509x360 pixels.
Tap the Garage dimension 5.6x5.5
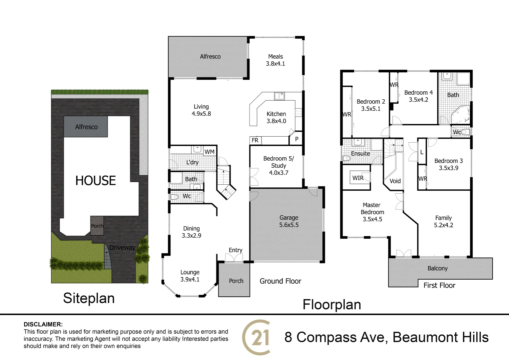click(x=289, y=225)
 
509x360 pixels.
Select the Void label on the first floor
click(x=395, y=181)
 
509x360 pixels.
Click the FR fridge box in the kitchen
click(x=255, y=140)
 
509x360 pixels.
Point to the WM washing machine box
click(x=210, y=152)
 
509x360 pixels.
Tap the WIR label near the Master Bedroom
click(x=358, y=178)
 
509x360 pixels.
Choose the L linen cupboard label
click(x=422, y=152)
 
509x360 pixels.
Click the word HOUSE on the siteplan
click(x=96, y=181)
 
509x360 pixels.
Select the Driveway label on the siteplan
click(x=122, y=248)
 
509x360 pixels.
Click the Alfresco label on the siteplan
click(x=86, y=127)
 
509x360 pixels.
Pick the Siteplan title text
click(x=89, y=298)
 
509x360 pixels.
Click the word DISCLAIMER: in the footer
click(x=43, y=324)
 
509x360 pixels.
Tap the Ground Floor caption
click(x=280, y=281)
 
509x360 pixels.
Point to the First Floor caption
click(x=439, y=285)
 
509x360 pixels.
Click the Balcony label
click(x=437, y=268)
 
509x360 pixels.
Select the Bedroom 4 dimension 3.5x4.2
click(x=418, y=100)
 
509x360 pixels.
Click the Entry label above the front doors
click(x=236, y=250)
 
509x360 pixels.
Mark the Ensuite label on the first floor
click(x=360, y=154)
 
